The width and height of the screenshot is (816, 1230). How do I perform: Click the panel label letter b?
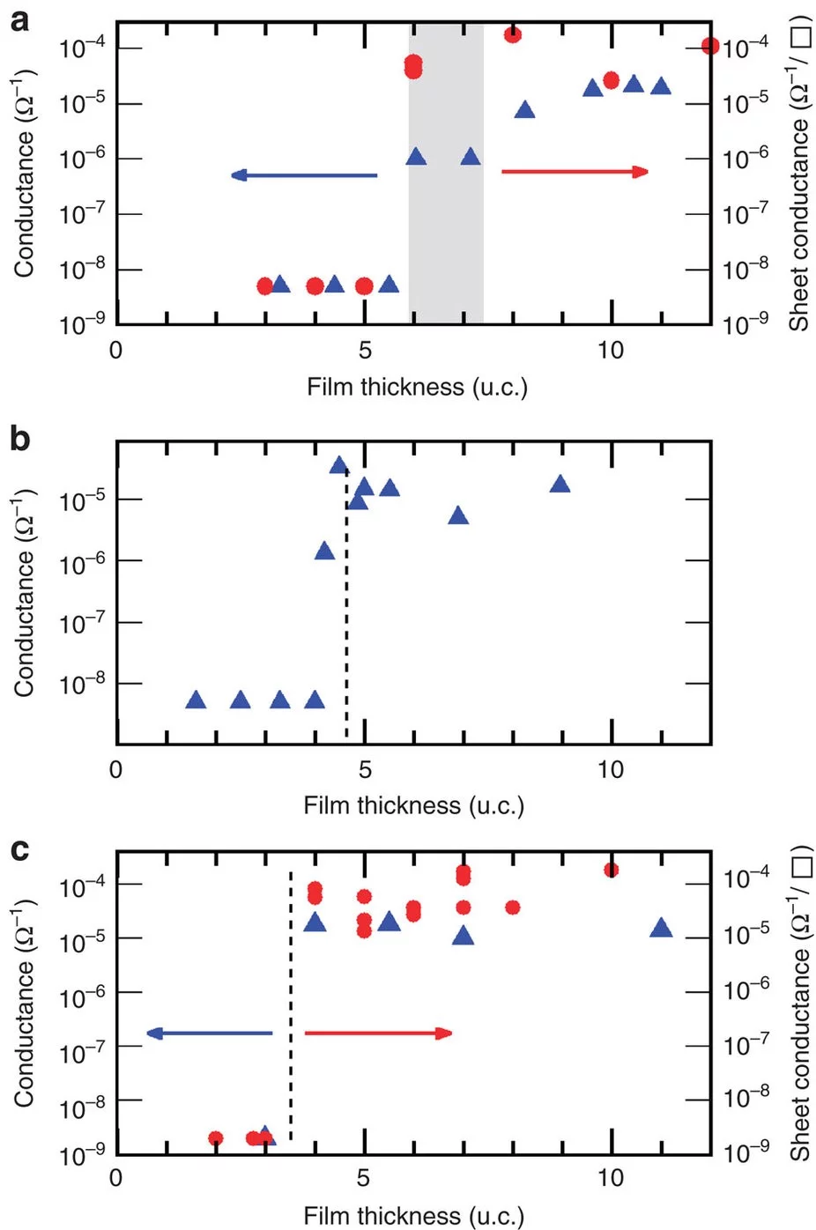click(19, 438)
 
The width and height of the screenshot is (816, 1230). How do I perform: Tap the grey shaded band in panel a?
click(446, 229)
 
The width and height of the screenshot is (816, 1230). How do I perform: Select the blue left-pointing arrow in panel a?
click(304, 175)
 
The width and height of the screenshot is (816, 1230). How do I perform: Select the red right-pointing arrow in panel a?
click(575, 171)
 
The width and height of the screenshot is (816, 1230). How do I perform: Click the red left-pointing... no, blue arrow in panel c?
click(210, 1034)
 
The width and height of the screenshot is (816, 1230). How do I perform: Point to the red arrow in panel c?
click(378, 1033)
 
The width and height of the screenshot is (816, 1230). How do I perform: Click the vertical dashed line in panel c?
click(291, 1004)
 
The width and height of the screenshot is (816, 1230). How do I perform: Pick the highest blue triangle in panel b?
click(339, 465)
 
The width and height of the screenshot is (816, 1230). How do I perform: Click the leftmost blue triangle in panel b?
click(196, 700)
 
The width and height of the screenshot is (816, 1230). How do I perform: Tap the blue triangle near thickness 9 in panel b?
click(560, 484)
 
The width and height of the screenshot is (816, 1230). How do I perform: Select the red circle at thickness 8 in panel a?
click(512, 34)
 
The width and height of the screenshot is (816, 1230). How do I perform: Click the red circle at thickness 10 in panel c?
click(611, 870)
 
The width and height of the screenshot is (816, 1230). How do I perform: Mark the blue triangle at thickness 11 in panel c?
click(661, 928)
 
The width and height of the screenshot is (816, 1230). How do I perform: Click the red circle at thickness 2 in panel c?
click(215, 1138)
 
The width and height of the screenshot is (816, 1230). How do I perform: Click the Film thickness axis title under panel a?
click(417, 387)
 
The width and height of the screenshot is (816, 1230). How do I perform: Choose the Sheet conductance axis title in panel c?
click(799, 1004)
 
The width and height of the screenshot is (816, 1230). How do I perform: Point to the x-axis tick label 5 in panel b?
click(365, 769)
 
